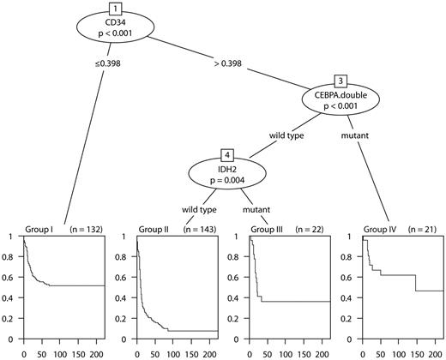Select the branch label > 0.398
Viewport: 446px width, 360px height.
(x=230, y=63)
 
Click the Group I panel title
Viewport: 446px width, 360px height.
(x=39, y=229)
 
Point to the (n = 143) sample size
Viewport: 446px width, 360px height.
(x=194, y=229)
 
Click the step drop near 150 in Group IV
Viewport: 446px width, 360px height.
(x=416, y=295)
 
